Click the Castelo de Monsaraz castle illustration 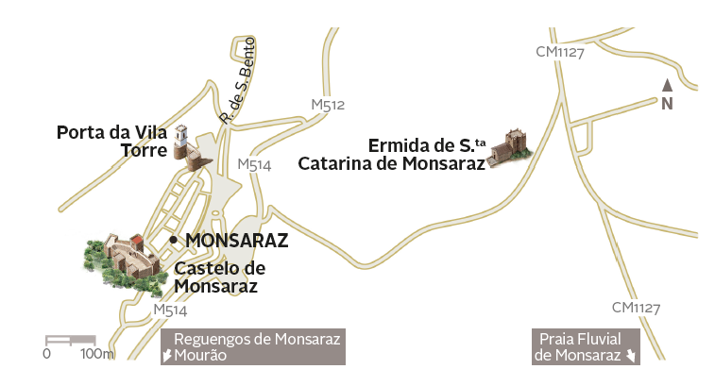(120, 258)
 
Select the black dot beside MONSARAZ (173, 241)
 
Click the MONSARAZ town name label (236, 241)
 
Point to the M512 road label (328, 105)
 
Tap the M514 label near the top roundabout (254, 164)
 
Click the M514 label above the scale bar (170, 310)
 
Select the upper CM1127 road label (560, 52)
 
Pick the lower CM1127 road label (636, 308)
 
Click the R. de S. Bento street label (236, 81)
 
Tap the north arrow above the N (667, 85)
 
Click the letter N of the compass (667, 104)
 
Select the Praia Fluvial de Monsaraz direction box (586, 346)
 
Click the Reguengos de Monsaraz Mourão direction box (252, 346)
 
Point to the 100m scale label (96, 354)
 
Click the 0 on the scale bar (46, 354)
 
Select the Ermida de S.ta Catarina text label (391, 154)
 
